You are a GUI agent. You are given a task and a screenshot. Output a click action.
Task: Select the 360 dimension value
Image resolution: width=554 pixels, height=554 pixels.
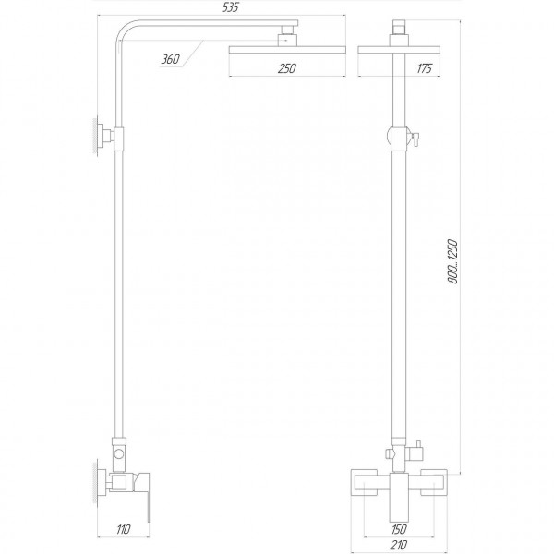[169, 61]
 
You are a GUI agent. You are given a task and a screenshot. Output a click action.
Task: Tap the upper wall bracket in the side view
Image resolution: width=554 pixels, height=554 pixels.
[100, 135]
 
